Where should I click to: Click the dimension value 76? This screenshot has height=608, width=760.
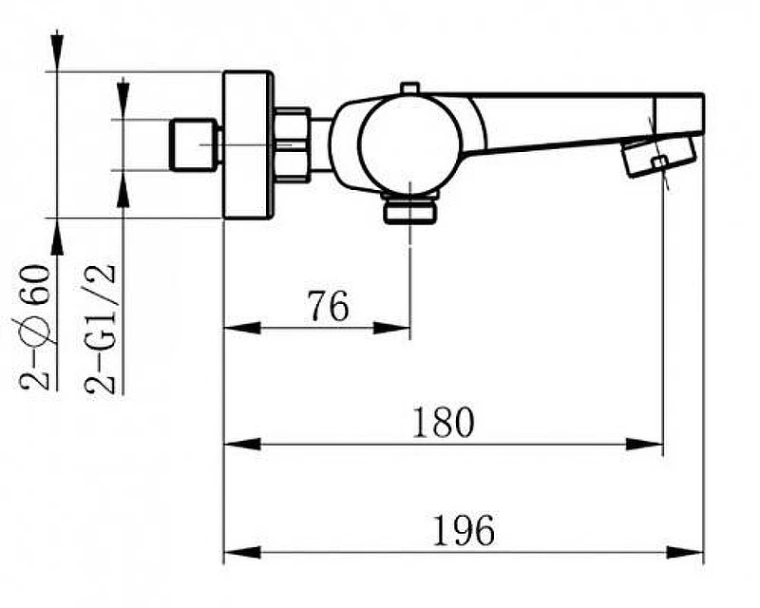click(329, 306)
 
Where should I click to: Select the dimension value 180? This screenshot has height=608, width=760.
click(443, 422)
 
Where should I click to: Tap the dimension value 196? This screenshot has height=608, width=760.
click(464, 530)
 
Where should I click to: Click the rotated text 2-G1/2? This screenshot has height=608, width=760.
click(101, 330)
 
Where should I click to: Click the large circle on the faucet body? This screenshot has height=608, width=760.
click(408, 143)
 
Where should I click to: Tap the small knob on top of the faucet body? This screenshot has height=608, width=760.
click(409, 87)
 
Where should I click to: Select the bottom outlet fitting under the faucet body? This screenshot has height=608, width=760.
click(410, 208)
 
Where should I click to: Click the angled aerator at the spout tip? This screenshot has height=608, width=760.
click(658, 156)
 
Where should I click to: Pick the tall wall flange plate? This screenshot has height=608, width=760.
click(248, 145)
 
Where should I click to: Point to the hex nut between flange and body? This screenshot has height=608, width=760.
click(292, 145)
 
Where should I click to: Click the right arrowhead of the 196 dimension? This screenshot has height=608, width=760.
click(685, 552)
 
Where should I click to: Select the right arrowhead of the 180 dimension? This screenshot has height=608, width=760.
click(645, 443)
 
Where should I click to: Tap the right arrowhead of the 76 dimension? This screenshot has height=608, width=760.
click(391, 328)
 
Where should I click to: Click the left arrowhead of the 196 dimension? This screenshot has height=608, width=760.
click(242, 552)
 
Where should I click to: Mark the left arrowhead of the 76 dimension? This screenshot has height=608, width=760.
click(242, 328)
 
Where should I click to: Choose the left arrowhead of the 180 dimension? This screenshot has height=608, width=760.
click(242, 443)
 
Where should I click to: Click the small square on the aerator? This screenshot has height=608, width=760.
click(659, 162)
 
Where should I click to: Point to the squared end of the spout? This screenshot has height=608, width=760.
click(678, 113)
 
